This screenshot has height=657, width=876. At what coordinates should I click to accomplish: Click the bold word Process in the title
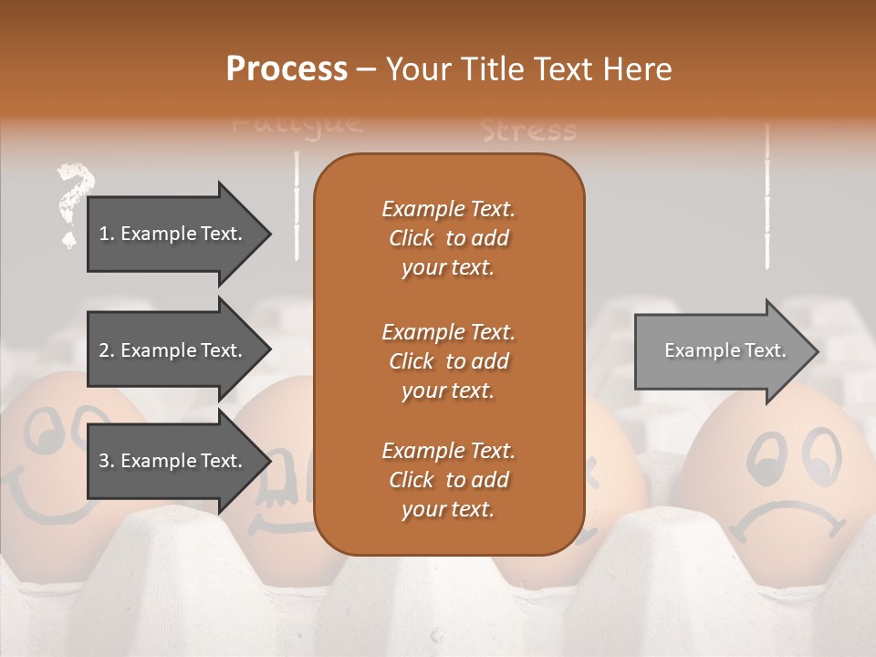(x=287, y=69)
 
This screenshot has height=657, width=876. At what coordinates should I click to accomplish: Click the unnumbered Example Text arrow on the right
(x=725, y=350)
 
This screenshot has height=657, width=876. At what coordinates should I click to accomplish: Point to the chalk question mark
(x=73, y=203)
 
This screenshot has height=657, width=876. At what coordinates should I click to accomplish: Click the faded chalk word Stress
(x=528, y=131)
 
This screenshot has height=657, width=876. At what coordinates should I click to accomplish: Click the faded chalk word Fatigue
(x=297, y=122)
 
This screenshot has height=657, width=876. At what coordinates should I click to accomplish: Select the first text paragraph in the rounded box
(x=448, y=238)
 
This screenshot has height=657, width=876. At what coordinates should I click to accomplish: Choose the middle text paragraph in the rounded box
(x=448, y=360)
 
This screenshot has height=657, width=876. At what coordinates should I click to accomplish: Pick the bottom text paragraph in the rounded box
(x=448, y=480)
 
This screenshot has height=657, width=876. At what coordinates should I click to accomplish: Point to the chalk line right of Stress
(x=766, y=196)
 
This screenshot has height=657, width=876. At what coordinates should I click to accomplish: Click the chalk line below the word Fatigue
(x=297, y=205)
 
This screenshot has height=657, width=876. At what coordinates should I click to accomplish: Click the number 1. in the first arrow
(x=107, y=234)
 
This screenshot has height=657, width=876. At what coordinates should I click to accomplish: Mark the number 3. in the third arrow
(x=107, y=462)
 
